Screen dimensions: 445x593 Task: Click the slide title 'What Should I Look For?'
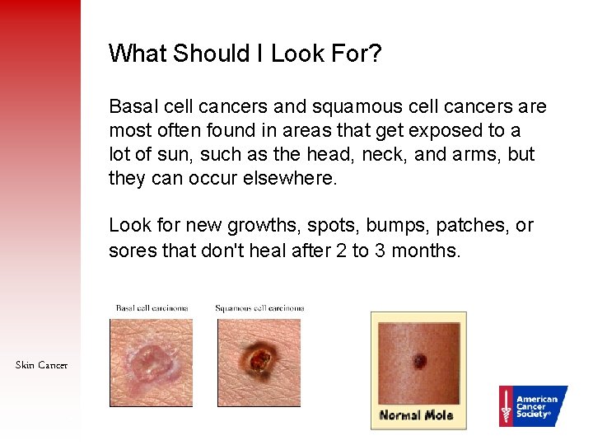[x=245, y=54]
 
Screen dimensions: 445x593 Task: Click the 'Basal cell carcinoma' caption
[x=152, y=308]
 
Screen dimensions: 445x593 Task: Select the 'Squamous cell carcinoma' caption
[x=259, y=308]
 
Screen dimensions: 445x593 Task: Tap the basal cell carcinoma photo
[x=151, y=363]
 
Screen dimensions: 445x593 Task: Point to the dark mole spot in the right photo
[x=419, y=361]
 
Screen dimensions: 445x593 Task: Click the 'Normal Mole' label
[x=417, y=415]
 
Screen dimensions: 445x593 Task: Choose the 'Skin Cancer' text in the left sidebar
[x=41, y=365]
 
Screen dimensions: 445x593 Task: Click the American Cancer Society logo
[x=532, y=406]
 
